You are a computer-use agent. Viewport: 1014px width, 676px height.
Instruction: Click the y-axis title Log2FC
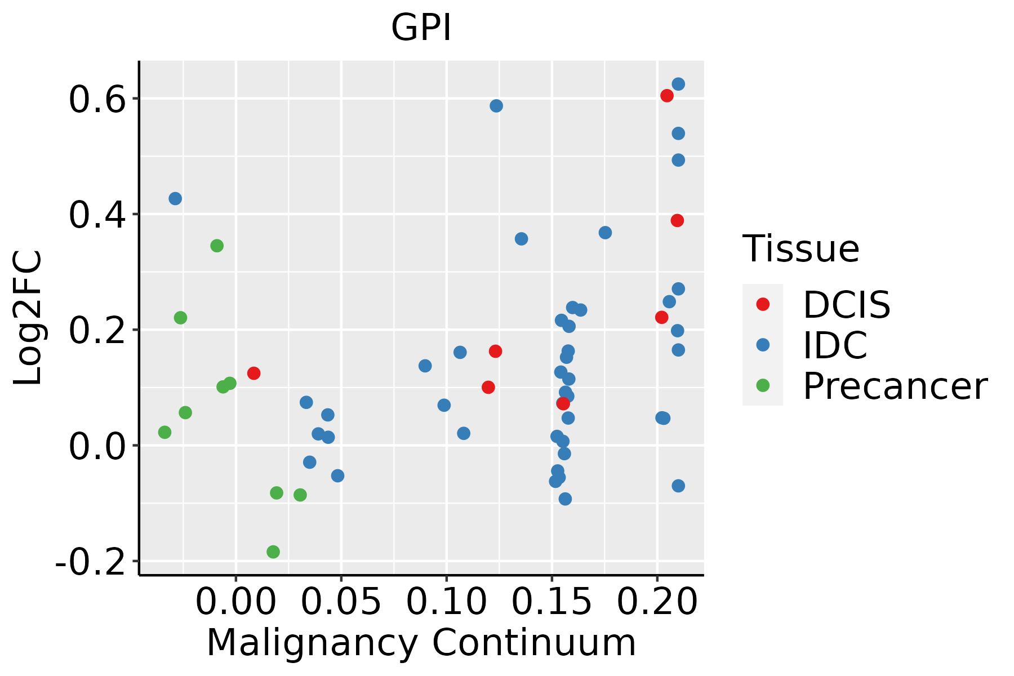[28, 318]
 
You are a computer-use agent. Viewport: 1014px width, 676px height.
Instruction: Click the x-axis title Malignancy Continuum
[421, 643]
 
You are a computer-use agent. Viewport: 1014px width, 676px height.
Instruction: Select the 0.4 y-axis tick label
[96, 215]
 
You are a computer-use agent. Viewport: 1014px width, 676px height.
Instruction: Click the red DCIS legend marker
[763, 304]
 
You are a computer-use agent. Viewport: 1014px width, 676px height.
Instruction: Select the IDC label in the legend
[835, 345]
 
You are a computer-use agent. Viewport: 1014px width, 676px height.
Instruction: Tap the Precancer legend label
[895, 386]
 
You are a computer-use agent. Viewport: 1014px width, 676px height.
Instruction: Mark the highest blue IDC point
[678, 84]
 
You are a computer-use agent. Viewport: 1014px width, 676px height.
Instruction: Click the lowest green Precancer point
[273, 552]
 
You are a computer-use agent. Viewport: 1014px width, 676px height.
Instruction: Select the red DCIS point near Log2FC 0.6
[667, 96]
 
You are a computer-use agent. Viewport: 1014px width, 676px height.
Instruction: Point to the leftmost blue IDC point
[175, 199]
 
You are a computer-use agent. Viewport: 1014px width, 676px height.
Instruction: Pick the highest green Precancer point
[217, 246]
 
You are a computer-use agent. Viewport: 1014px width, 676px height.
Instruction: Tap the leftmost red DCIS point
[253, 373]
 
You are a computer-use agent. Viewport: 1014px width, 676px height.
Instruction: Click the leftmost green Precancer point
[164, 432]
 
